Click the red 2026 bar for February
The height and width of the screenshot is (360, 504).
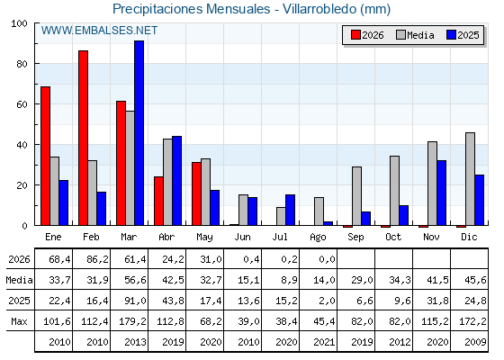[x=83, y=138]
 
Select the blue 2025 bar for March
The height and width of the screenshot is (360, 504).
[x=139, y=133]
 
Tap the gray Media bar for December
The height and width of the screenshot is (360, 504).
[x=470, y=179]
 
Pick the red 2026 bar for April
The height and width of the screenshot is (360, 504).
[x=158, y=201]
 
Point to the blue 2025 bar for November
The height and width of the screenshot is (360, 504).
[x=442, y=193]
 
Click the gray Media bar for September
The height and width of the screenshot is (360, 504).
[x=356, y=196]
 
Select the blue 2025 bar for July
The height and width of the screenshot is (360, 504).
[x=290, y=210]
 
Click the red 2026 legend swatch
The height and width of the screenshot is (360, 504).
[x=355, y=35]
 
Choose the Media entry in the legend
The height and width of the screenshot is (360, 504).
[x=415, y=35]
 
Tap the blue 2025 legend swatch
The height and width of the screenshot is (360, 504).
[x=451, y=35]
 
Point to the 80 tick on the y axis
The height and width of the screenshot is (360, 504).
[x=22, y=64]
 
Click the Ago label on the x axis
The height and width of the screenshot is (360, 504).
[x=319, y=238]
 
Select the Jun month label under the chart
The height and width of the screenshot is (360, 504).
[x=242, y=237]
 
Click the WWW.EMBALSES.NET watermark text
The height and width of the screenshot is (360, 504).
[x=99, y=31]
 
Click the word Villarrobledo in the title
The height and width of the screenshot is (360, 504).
[x=319, y=9]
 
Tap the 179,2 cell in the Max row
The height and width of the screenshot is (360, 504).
[x=133, y=321]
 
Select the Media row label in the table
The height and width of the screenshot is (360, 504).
[x=19, y=280]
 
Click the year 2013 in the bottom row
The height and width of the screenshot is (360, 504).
[x=135, y=342]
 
